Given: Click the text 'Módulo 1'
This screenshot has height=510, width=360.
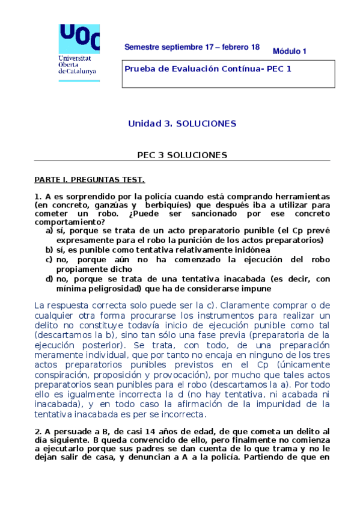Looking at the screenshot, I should pyautogui.click(x=290, y=51).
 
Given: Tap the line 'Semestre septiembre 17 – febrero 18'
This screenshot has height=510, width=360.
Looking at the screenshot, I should pyautogui.click(x=192, y=47).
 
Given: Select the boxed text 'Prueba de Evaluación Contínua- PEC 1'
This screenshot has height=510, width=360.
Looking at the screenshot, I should pyautogui.click(x=208, y=69).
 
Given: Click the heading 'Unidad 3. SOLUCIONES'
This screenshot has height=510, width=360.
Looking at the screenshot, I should pyautogui.click(x=182, y=124).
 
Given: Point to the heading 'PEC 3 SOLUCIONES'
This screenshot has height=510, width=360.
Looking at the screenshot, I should pyautogui.click(x=182, y=155).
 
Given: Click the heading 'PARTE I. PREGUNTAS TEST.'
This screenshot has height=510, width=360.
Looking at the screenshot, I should pyautogui.click(x=89, y=180).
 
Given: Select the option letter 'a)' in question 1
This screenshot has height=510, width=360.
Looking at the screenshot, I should pyautogui.click(x=49, y=231).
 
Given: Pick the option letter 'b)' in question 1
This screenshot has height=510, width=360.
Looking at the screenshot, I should pyautogui.click(x=49, y=250).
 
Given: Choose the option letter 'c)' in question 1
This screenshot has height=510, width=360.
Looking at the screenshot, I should pyautogui.click(x=49, y=259).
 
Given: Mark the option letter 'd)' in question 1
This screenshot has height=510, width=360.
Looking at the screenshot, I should pyautogui.click(x=49, y=278).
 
